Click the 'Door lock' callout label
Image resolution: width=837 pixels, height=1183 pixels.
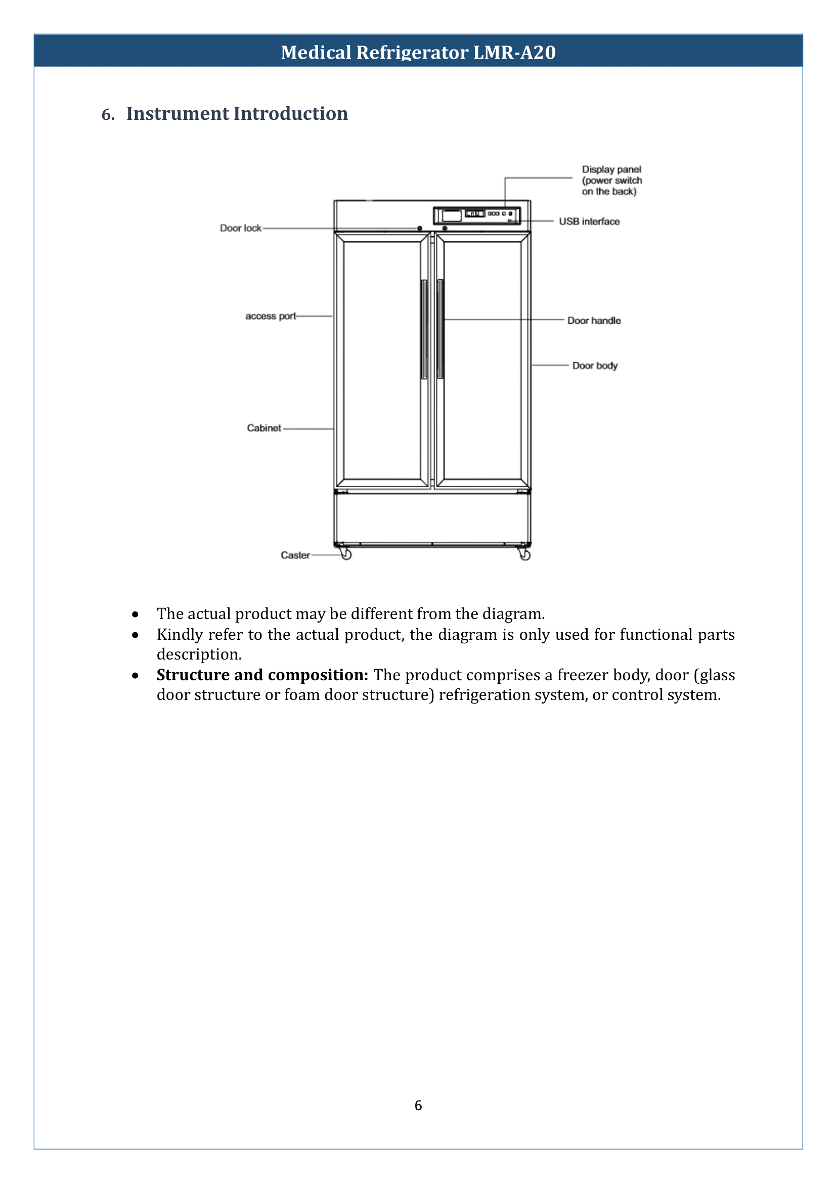click(241, 228)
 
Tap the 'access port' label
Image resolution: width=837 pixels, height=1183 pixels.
click(271, 316)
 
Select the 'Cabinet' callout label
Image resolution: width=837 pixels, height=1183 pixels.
click(264, 428)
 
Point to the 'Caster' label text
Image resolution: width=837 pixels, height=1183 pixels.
click(295, 555)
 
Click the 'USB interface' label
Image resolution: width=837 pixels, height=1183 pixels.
click(589, 222)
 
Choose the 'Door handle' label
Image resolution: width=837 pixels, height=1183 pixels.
click(594, 321)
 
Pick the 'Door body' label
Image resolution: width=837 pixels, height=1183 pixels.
click(595, 366)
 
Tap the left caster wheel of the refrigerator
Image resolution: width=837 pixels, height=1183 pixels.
click(346, 555)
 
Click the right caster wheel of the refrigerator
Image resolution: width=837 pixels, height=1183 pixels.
click(524, 555)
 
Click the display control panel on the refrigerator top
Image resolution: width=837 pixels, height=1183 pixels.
click(476, 215)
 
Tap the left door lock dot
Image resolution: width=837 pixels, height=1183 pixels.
click(420, 228)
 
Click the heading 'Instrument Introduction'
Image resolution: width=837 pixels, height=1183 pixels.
click(237, 113)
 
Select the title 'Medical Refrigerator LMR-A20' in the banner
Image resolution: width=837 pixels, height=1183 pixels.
click(418, 52)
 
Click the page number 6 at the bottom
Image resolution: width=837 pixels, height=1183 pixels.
click(418, 1106)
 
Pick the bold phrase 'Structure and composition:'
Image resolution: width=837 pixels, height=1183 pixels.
click(262, 675)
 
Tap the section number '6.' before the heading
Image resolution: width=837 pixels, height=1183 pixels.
click(108, 114)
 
